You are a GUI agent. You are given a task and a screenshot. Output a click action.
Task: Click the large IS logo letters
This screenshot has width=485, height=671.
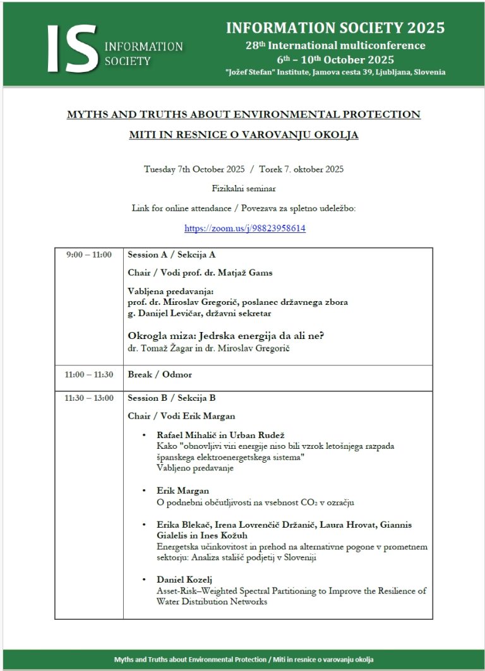point(71,48)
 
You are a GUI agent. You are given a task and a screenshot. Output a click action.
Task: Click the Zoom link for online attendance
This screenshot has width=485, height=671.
point(245,229)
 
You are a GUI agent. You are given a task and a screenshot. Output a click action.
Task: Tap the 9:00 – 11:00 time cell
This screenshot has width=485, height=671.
point(89,255)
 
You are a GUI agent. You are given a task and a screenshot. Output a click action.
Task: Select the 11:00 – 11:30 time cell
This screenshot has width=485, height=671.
point(89,375)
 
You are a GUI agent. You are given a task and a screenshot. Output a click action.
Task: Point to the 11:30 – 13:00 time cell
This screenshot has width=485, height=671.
point(89,398)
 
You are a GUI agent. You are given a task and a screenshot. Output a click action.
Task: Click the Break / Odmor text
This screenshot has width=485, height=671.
point(160,375)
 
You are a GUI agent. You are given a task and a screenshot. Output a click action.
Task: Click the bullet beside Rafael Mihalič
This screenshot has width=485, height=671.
point(144,436)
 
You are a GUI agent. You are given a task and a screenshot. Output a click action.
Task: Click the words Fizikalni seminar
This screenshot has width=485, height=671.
point(244,188)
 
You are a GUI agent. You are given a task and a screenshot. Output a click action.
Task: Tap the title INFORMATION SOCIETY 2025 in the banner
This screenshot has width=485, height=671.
point(335,28)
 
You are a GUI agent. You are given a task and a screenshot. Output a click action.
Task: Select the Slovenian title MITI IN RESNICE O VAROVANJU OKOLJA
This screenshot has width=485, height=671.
point(244,135)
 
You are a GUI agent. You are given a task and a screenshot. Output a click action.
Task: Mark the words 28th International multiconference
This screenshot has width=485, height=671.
point(335,45)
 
